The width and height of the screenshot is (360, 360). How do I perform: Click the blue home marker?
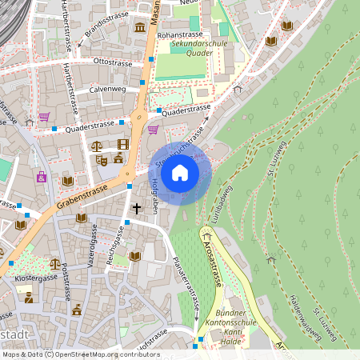tap(180, 172)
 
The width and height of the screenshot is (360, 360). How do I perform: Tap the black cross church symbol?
tap(137, 209)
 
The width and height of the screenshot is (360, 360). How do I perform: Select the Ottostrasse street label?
tap(113, 60)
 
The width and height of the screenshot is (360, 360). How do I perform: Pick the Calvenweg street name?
tap(107, 90)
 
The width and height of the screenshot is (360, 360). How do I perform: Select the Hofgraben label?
tap(155, 194)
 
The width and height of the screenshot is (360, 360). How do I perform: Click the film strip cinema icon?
tap(122, 144)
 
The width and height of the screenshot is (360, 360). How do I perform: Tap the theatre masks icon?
tap(102, 159)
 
